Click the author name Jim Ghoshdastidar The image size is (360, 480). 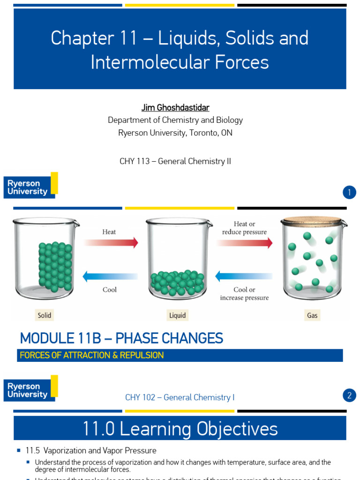click(x=175, y=108)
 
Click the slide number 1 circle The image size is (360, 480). click(x=349, y=193)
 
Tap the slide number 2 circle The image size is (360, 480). click(x=349, y=396)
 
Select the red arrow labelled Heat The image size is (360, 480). click(x=111, y=242)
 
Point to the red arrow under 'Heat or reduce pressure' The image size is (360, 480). click(x=244, y=242)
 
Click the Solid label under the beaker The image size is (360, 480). click(x=44, y=315)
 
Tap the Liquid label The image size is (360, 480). click(x=177, y=315)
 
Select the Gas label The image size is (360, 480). click(x=312, y=315)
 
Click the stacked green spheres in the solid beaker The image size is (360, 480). click(x=55, y=265)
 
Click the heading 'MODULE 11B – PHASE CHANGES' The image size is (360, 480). click(x=121, y=338)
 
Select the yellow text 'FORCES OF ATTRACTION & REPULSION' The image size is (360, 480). click(x=92, y=355)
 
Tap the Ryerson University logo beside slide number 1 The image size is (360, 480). click(x=30, y=186)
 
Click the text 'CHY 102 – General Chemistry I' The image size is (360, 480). click(x=180, y=397)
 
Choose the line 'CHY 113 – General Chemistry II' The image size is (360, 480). click(x=175, y=161)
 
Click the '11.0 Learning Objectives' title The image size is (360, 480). click(x=180, y=428)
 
